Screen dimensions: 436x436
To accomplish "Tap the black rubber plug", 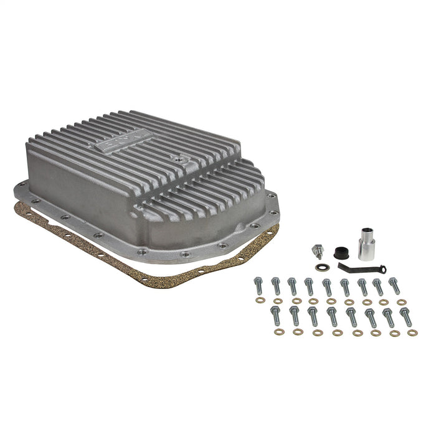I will pyautogui.click(x=339, y=253).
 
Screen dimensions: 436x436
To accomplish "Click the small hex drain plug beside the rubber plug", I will pyautogui.click(x=318, y=251).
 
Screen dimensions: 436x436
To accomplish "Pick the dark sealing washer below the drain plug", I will pyautogui.click(x=321, y=267).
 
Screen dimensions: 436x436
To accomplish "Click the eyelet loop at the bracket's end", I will pyautogui.click(x=381, y=269).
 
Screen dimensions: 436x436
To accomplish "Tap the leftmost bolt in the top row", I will pyautogui.click(x=258, y=287).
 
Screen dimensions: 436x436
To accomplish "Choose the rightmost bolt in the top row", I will pyautogui.click(x=394, y=286).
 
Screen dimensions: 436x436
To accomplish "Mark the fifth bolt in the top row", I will pyautogui.click(x=328, y=287).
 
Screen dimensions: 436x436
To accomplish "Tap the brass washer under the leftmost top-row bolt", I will pyautogui.click(x=260, y=300).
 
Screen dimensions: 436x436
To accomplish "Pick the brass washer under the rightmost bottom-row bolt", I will pyautogui.click(x=412, y=333).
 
